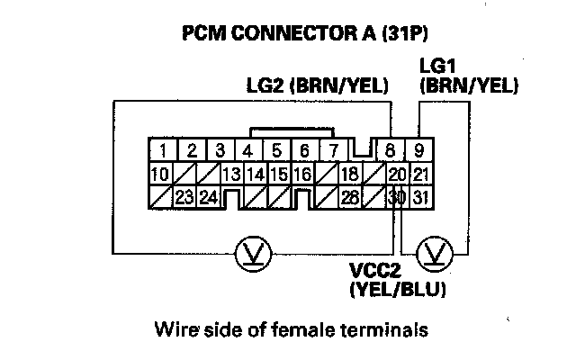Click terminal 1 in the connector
pos(163,150)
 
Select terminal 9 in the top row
pos(419,150)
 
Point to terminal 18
pos(350,174)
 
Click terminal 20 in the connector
pos(396,174)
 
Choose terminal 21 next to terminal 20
pos(419,174)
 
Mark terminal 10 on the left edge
pos(161,174)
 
